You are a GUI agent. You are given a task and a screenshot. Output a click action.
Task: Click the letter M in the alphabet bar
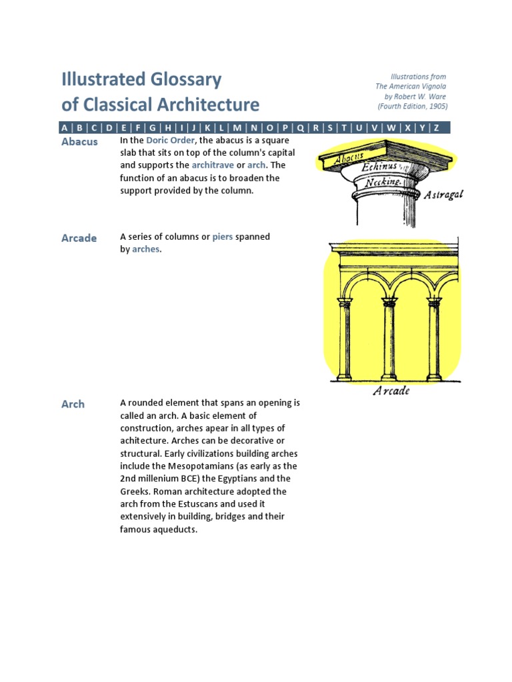237,128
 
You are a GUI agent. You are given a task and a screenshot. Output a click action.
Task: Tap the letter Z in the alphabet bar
437,128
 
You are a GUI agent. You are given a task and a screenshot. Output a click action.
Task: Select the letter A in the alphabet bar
64,128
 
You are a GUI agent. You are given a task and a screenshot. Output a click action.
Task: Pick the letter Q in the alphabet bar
301,128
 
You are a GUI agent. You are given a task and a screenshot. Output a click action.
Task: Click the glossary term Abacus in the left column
79,142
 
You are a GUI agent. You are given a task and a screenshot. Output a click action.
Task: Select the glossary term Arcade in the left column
79,238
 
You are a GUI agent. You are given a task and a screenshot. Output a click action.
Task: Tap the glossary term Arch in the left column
73,404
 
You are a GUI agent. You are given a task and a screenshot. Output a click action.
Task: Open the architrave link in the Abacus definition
213,165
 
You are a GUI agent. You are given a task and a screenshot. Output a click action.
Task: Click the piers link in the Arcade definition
223,236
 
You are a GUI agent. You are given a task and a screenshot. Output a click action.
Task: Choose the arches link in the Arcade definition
146,249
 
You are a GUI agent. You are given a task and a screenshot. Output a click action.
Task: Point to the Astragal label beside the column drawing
443,195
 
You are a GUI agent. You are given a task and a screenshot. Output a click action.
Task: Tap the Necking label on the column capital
383,182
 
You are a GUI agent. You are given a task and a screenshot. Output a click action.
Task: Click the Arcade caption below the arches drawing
391,390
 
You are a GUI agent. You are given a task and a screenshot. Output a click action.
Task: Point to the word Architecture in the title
208,105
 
